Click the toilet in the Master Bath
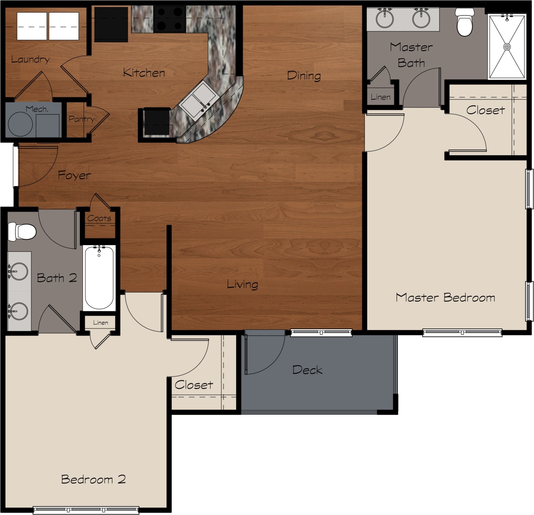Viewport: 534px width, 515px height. tap(465, 23)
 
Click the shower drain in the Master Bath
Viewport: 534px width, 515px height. tap(507, 47)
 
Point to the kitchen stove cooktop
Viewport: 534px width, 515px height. tap(169, 19)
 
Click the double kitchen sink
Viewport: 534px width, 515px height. tap(198, 100)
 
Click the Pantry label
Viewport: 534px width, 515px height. tap(81, 119)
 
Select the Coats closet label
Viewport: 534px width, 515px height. tap(99, 218)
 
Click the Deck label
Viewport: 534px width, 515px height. tap(307, 370)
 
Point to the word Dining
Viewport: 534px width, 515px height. tap(304, 76)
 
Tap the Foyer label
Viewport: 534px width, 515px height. tap(74, 175)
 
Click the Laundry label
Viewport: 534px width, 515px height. tap(30, 59)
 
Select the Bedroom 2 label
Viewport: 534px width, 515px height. tap(93, 479)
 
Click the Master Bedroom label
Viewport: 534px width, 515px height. tap(445, 297)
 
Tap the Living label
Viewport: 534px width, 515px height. tap(242, 284)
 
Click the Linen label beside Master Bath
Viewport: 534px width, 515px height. tap(381, 97)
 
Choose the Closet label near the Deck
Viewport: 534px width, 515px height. tap(194, 385)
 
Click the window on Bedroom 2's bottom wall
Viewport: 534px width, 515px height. tap(86, 510)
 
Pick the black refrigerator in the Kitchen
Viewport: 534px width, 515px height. tap(111, 24)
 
